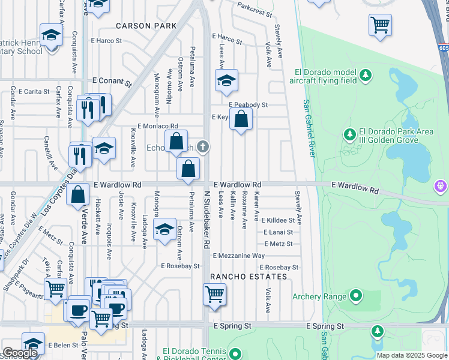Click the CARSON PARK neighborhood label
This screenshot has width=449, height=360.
[x=146, y=26]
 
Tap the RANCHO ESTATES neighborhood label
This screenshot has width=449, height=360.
[x=248, y=277]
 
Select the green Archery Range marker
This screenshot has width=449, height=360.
[x=356, y=295]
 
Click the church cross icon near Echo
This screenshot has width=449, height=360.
[x=204, y=146]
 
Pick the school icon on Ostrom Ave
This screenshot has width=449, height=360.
[x=164, y=229]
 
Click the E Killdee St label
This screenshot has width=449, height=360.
[x=277, y=221]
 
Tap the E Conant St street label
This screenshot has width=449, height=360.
[x=112, y=80]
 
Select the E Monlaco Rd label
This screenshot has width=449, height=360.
[x=158, y=126]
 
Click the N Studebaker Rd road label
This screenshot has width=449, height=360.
[x=206, y=220]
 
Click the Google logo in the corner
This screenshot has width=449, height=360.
[x=20, y=353]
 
